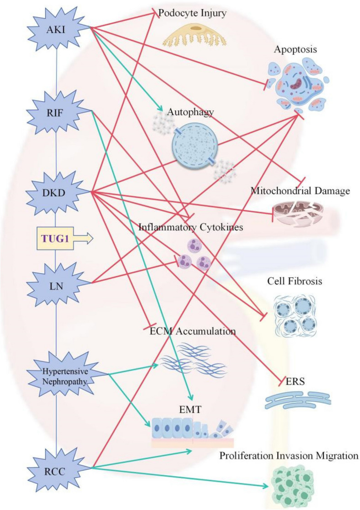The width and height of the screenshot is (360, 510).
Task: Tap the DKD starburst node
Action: click(x=54, y=193)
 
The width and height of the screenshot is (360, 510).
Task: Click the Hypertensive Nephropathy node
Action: click(x=64, y=376)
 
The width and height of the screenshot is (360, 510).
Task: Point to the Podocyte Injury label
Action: click(x=192, y=13)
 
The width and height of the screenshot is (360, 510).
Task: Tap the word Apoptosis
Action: click(x=295, y=49)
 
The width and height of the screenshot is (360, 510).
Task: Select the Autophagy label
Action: click(x=191, y=112)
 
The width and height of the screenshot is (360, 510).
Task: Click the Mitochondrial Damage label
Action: click(x=300, y=190)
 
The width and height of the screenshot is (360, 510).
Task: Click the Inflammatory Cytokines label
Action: click(x=191, y=227)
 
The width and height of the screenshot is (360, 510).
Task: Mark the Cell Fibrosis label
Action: click(x=295, y=281)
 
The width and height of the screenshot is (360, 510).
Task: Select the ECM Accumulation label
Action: click(x=193, y=331)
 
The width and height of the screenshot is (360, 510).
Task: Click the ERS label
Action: click(x=295, y=381)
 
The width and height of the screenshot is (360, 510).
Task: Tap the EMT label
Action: click(x=190, y=409)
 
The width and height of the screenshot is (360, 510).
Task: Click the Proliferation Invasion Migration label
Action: click(x=289, y=456)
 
